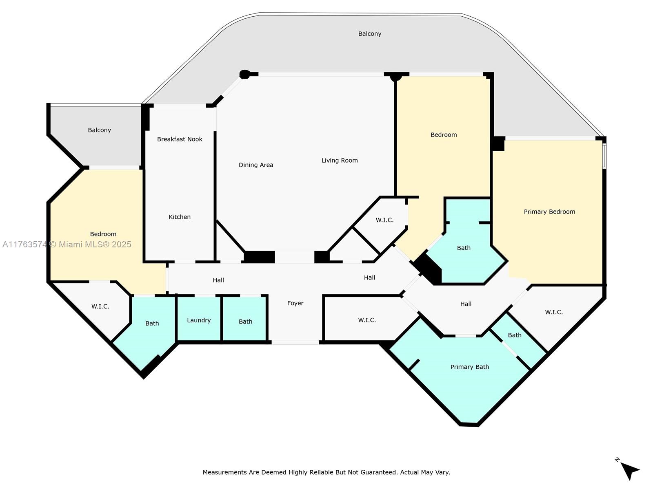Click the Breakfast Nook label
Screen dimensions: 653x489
tap(180, 139)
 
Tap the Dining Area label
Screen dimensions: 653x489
tap(256, 165)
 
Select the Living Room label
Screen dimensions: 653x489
tap(340, 161)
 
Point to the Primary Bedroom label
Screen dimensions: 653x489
tap(549, 212)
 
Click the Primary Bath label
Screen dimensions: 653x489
tap(469, 367)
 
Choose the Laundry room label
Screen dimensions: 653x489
tap(199, 320)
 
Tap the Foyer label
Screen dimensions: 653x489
tap(295, 304)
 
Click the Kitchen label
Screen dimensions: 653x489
tap(180, 217)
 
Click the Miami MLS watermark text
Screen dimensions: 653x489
tap(67, 244)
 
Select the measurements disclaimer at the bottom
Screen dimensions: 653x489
tap(326, 472)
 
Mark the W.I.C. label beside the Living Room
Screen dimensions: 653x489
tap(384, 220)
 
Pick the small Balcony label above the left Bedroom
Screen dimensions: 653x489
tap(99, 130)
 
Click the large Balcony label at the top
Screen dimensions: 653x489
tap(369, 34)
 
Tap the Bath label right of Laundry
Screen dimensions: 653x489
tap(245, 322)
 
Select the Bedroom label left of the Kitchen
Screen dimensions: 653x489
tap(103, 234)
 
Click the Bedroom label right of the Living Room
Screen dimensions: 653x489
tap(444, 135)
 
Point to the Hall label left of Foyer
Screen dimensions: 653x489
tap(218, 280)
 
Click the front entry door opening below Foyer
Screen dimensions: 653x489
tap(295, 342)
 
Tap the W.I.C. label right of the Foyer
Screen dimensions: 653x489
tap(367, 320)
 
